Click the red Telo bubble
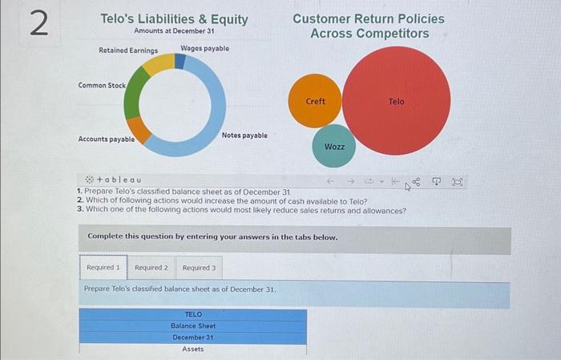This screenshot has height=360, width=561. pos(397,101)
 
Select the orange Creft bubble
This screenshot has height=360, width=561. pos(316,101)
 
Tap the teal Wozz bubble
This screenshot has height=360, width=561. pos(334,146)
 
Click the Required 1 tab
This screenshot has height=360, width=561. pos(103,267)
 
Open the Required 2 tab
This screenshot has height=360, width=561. pos(151,267)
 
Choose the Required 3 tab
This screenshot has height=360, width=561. pos(199,267)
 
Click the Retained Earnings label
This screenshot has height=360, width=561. pos(128,51)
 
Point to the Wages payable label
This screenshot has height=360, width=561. pos(204,49)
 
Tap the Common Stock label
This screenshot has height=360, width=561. pos(102,85)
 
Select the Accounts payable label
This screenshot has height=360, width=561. pos(106,139)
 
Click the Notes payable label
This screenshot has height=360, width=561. pos(244,136)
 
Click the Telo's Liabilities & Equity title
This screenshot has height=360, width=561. pos(174,18)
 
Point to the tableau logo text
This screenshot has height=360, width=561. pos(119,180)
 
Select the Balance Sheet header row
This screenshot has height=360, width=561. pos(192,326)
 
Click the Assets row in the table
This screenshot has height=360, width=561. pos(192,350)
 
